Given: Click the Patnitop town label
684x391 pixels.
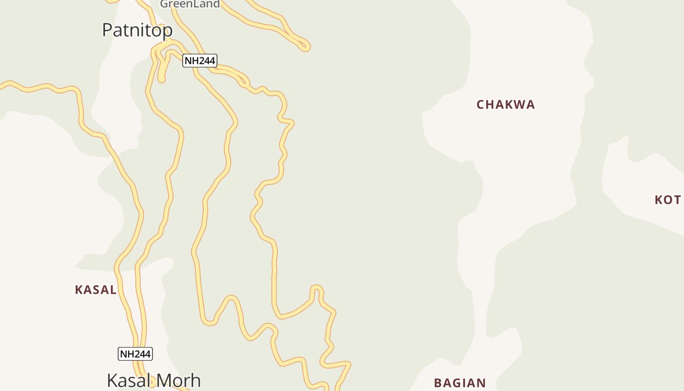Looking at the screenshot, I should tap(137, 30).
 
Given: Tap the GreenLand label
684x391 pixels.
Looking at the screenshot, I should tap(190, 4).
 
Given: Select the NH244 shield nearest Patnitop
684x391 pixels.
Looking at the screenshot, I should tap(199, 61).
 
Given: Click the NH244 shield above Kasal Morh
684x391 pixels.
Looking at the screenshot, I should tap(135, 354).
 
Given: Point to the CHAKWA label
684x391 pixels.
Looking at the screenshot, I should tap(506, 105).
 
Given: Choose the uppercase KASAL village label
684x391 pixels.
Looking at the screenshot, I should tap(96, 290).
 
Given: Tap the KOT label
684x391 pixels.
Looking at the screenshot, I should tap(667, 200).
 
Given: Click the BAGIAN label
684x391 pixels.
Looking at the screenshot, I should tap(460, 383).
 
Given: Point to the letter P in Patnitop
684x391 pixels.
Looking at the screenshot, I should tap(107, 30).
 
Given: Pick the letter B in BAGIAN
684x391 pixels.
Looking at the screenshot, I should tap(438, 383).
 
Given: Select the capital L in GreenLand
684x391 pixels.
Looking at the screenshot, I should tap(195, 4).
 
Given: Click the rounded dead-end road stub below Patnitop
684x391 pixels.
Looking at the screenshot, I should tap(161, 78).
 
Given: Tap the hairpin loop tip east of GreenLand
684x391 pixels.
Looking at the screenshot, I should tap(306, 47).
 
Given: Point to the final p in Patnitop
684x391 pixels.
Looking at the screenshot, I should tap(168, 32).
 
